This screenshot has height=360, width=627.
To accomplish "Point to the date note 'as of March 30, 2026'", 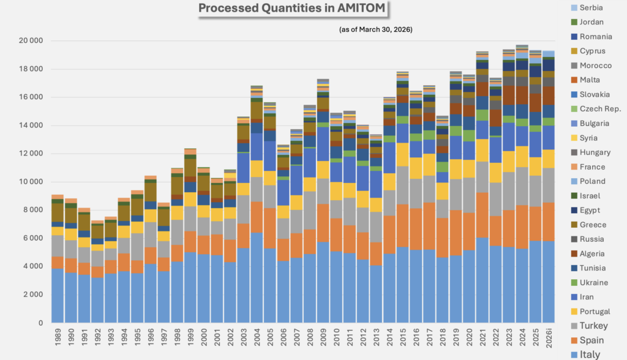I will [375, 29].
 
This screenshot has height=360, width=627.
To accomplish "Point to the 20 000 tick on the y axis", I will [29, 41].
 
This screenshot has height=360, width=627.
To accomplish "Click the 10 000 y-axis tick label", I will [29, 182].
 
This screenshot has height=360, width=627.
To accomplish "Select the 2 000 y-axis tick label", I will [31, 294].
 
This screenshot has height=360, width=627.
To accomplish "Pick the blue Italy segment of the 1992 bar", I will [97, 300].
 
